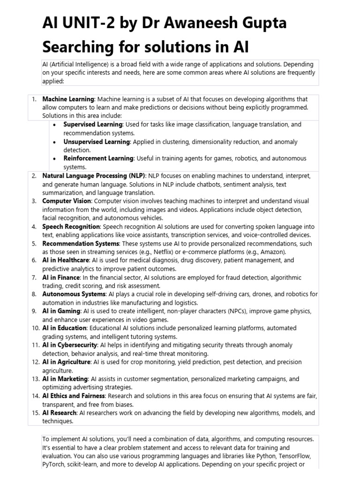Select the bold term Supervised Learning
pos(93,125)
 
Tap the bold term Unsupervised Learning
pos(97,142)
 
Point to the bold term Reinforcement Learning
pos(98,158)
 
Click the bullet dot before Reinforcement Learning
pos(54,158)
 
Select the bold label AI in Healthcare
pos(65,260)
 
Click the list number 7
pos(34,277)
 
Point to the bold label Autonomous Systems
pos(74,294)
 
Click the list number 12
pos(35,362)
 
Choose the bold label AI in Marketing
pos(65,379)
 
